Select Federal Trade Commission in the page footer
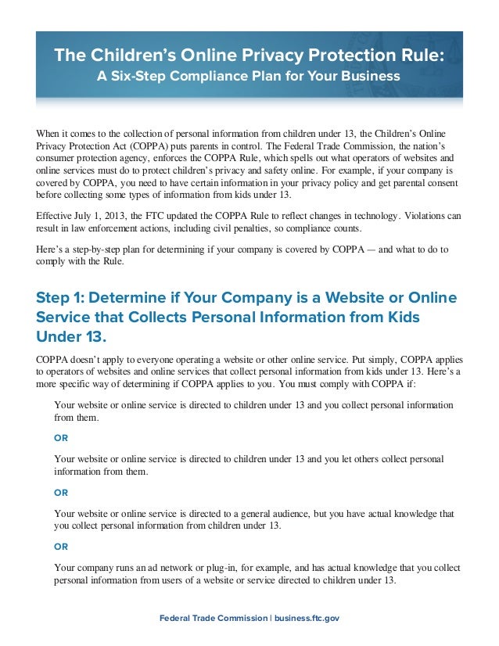(x=214, y=619)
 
